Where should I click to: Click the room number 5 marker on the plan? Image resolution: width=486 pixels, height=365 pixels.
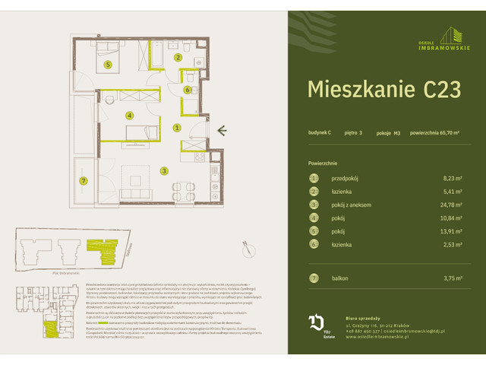tap(109, 65)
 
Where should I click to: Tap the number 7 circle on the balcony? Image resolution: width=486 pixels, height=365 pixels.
tap(84, 180)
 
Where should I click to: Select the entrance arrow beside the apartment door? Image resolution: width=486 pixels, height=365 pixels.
tap(221, 132)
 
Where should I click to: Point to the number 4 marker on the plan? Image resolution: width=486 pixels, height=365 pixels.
tap(130, 116)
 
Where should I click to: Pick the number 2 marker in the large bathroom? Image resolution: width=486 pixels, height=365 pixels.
tap(178, 57)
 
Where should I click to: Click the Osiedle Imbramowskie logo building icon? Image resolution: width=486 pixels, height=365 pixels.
tap(454, 35)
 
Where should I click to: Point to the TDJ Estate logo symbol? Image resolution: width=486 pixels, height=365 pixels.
tap(314, 322)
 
